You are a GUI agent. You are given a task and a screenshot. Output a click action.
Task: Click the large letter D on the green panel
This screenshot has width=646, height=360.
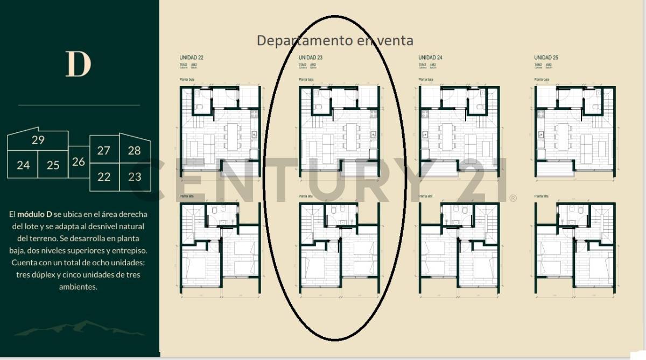pos(78,64)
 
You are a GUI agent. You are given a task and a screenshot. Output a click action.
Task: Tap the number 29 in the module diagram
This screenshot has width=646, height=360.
pos(38,140)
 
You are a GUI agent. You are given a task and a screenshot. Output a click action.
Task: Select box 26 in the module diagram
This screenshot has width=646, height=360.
pos(79,161)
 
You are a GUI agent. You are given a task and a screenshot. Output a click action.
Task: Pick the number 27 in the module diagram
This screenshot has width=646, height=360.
pos(103,151)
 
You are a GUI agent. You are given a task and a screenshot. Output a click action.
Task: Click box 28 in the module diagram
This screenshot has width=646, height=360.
pos(134,151)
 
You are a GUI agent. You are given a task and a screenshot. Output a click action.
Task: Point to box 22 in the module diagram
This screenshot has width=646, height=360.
pos(103,177)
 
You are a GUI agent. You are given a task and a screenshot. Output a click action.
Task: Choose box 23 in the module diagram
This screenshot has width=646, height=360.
pos(135,177)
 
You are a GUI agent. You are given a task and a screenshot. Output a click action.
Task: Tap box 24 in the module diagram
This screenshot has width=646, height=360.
pos(23,165)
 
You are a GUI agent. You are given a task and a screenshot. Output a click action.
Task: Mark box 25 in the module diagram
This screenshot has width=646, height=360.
pos(53,165)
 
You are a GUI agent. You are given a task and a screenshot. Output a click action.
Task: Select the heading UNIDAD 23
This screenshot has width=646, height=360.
pos(311,57)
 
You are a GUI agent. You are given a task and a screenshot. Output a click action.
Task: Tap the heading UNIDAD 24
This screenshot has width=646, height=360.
pos(430,57)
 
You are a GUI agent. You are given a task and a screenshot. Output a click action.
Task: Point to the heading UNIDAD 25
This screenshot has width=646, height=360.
pos(546,57)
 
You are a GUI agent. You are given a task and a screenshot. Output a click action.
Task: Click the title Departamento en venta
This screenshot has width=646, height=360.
pos(335,40)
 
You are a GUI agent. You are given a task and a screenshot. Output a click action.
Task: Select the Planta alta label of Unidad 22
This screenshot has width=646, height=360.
pos(186,197)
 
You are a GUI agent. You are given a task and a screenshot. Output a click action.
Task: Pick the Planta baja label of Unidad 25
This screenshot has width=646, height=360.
pos(542,80)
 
